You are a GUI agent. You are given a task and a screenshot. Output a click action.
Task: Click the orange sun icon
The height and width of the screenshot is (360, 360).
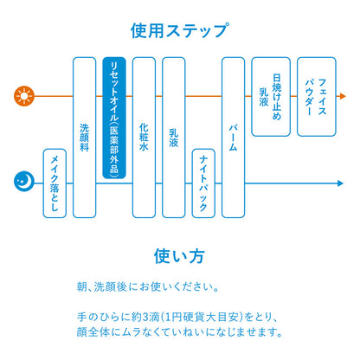pos(24,96)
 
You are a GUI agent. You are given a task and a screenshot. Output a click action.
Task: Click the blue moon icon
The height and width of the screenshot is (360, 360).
pos(24,182)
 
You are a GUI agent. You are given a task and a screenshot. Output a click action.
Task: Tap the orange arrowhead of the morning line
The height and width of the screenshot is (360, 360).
pos(343,96)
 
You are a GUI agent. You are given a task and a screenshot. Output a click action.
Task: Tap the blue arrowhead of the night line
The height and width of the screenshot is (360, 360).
pos(340,183)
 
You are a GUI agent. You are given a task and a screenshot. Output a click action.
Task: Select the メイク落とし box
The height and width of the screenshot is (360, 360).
pos(55,183)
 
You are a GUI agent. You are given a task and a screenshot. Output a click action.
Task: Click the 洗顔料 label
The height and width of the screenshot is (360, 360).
pos(84,138)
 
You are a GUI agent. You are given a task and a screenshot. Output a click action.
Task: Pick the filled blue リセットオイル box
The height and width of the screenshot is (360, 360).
pos(114,118)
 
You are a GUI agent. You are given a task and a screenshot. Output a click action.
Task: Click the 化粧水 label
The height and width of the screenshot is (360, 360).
pos(144,137)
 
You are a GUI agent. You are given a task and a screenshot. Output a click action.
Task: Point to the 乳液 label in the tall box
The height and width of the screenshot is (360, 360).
pos(173,138)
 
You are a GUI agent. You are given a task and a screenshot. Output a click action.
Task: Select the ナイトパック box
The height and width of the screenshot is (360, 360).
pos(203,183)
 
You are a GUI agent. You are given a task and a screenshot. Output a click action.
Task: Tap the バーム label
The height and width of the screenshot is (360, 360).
pos(233,138)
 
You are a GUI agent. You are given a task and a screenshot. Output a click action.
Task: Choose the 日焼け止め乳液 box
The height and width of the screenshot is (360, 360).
pos(271,97)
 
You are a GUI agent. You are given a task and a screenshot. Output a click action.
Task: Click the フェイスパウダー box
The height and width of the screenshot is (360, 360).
pos(317,97)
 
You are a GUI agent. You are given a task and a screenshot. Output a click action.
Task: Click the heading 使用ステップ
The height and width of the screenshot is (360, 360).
pos(180,30)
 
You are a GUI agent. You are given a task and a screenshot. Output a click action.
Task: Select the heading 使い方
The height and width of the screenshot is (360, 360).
pos(179,256)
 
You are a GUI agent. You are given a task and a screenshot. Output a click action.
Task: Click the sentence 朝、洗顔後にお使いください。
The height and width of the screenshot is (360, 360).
pos(148,287)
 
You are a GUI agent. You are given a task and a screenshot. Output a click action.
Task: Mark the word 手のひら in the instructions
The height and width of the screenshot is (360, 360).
pos(98,318)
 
